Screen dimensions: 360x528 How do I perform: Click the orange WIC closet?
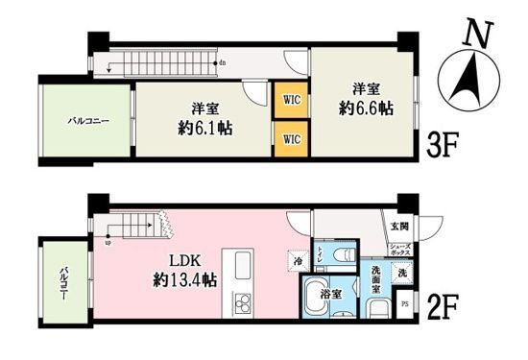289,97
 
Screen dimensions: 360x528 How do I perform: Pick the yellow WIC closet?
289,137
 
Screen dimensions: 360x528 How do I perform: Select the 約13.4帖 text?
186,281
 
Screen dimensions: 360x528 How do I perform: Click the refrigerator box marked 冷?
299,259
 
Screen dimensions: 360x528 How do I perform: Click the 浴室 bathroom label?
332,295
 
